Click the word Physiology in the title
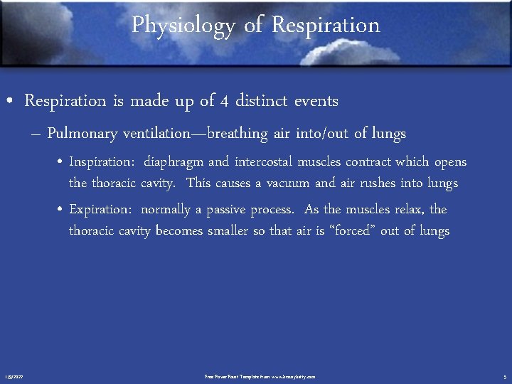click(183, 26)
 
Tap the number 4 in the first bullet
click(224, 101)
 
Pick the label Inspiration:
click(102, 162)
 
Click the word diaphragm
click(174, 162)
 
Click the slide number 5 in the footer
click(503, 376)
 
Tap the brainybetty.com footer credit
click(260, 376)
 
